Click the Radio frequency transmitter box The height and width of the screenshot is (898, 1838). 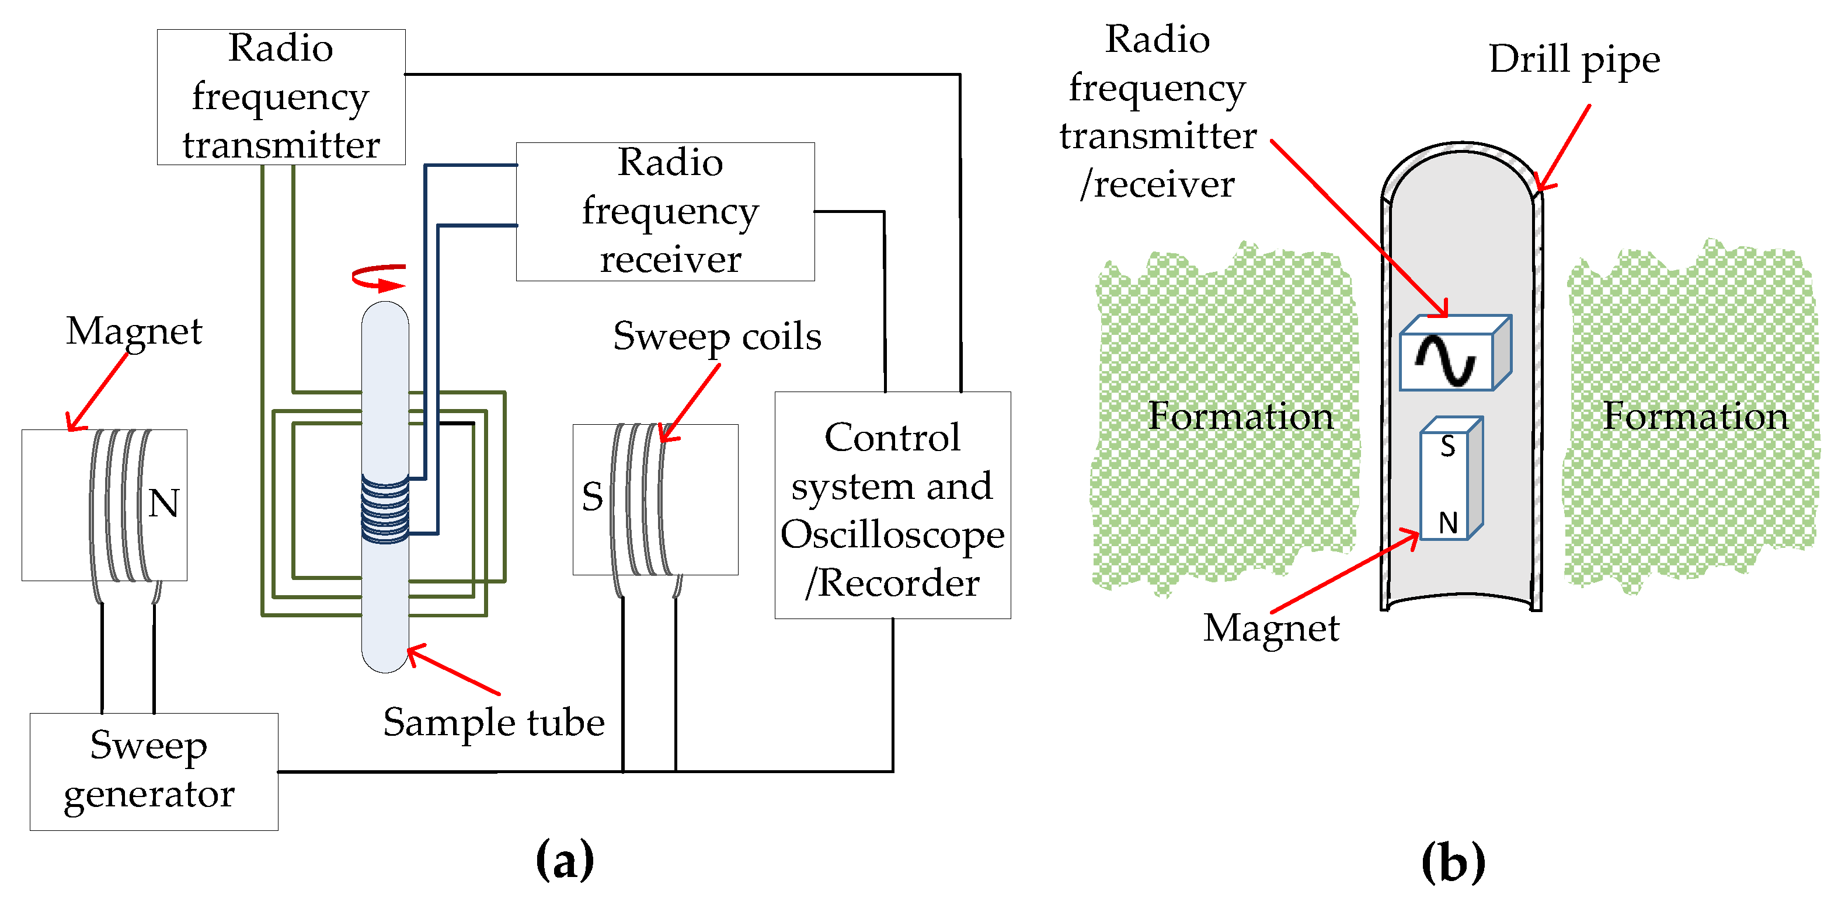(x=281, y=97)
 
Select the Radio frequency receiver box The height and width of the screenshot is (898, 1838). (x=665, y=211)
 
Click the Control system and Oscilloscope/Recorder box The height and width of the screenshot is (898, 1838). (x=893, y=505)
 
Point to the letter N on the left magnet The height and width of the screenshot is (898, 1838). (x=163, y=503)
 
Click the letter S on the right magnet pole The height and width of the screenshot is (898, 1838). (x=592, y=497)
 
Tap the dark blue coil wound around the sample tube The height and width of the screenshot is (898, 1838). (x=385, y=509)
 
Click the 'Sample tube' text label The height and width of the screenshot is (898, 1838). (x=494, y=722)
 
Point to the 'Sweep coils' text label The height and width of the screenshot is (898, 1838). (x=717, y=337)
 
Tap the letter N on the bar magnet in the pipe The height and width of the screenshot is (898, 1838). (x=1448, y=523)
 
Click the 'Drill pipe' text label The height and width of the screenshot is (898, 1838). (x=1574, y=60)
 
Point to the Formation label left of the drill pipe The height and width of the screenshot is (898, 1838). (x=1240, y=416)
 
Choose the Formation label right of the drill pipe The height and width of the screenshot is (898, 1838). (x=1696, y=416)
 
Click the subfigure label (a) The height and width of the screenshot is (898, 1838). (x=565, y=860)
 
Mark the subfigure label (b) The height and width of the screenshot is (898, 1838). (x=1453, y=862)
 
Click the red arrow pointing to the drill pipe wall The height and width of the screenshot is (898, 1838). (x=1562, y=148)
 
